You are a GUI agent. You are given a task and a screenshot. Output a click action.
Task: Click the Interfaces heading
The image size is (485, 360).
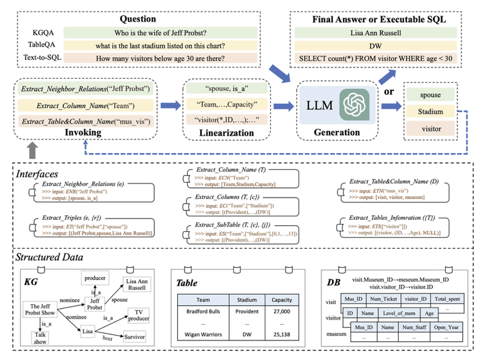point(43,175)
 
